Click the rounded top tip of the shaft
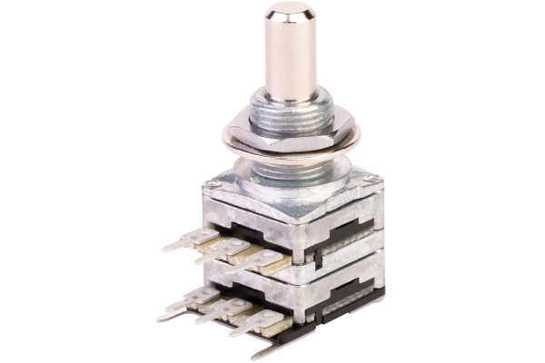289,11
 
